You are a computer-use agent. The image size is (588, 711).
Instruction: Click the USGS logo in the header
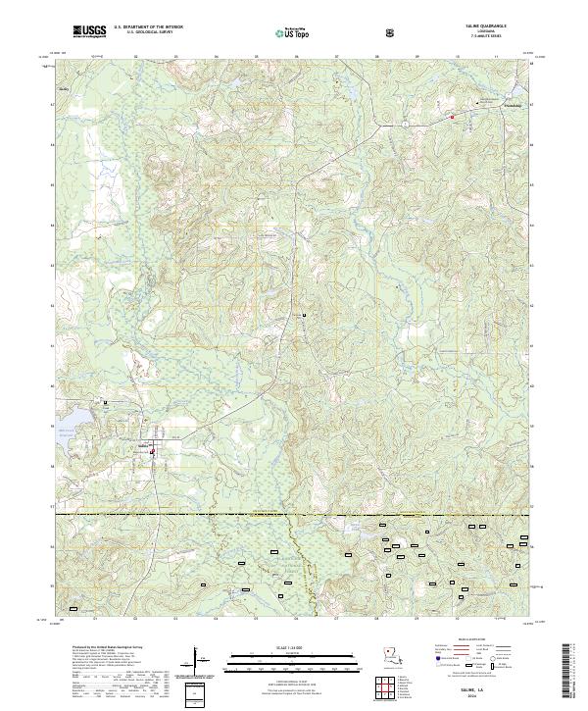point(89,32)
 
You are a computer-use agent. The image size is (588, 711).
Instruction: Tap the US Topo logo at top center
point(294,33)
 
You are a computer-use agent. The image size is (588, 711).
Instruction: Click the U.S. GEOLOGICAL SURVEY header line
point(149,35)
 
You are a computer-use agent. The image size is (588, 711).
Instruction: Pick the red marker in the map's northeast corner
point(453,117)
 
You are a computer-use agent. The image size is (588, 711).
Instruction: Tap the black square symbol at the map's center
point(304,314)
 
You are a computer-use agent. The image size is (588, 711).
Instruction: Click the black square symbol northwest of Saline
point(105,402)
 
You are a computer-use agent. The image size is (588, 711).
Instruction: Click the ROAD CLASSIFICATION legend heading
point(475,635)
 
